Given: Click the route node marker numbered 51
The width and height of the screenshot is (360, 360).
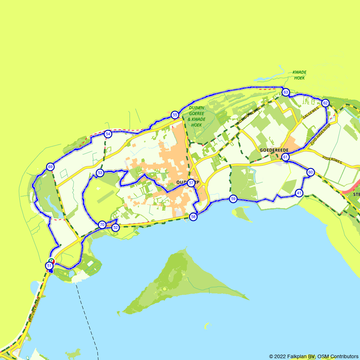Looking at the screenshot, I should pyautogui.click(x=49, y=266).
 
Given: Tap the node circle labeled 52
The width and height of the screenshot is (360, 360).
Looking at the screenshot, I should pyautogui.click(x=115, y=228).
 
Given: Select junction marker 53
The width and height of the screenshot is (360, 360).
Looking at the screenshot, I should pyautogui.click(x=100, y=173).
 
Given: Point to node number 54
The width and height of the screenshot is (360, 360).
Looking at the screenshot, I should pyautogui.click(x=108, y=134).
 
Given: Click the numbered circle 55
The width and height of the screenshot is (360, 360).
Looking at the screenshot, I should pyautogui.click(x=175, y=115).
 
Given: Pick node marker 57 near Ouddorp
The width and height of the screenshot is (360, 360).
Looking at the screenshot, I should pyautogui.click(x=191, y=183).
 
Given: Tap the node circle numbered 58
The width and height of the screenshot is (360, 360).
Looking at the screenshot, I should pyautogui.click(x=193, y=217).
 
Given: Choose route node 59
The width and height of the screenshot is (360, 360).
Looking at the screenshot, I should pyautogui.click(x=233, y=199).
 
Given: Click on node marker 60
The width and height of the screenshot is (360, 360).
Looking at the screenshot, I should pyautogui.click(x=310, y=172).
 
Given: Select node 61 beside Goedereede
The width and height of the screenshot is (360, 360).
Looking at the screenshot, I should pyautogui.click(x=285, y=157).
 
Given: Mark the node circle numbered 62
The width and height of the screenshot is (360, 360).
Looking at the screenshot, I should pyautogui.click(x=325, y=103).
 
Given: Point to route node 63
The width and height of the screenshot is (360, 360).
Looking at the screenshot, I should pyautogui.click(x=285, y=93).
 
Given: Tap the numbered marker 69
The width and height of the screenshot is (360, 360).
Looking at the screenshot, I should pyautogui.click(x=50, y=167).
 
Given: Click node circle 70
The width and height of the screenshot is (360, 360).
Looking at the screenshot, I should pyautogui.click(x=102, y=225).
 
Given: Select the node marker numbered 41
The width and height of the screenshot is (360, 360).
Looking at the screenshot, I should pyautogui.click(x=299, y=193).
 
